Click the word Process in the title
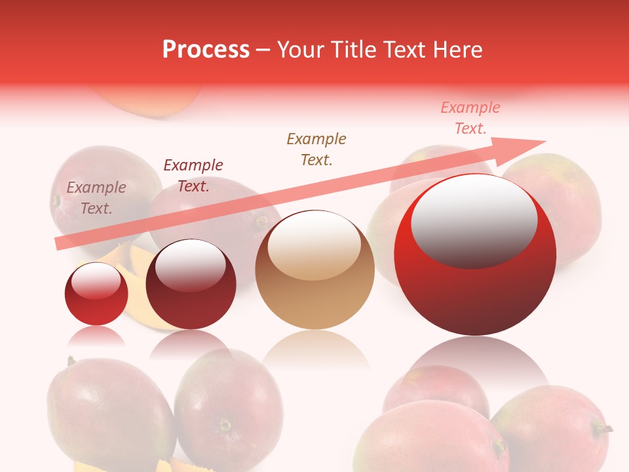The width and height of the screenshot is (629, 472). tap(206, 50)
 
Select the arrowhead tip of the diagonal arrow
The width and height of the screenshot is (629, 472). tap(544, 141)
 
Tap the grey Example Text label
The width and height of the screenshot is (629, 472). tap(96, 198)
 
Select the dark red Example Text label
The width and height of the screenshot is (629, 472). tap(193, 176)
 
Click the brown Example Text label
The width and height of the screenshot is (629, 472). tap(316, 149)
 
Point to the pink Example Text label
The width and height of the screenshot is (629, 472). tap(470, 118)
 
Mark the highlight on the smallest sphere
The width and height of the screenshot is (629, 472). tap(96, 281)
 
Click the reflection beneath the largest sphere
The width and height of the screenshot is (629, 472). tap(475, 357)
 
